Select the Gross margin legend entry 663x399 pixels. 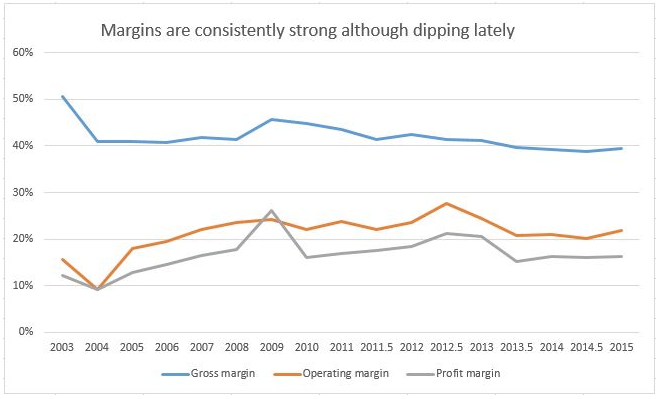point(208,374)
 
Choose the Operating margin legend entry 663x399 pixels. point(331,374)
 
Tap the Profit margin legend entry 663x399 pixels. point(453,374)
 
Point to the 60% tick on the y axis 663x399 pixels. point(24,52)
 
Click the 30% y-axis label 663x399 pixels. point(24,192)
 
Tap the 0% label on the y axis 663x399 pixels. point(26,332)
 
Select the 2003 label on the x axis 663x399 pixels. point(62,347)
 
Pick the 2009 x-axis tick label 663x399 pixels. point(271,347)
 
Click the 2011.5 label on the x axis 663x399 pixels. point(376,347)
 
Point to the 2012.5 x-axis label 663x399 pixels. point(447,347)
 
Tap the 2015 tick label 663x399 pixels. point(622,347)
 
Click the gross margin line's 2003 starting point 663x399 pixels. point(63,96)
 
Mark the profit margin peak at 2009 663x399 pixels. point(271,210)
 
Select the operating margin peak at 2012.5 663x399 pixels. point(447,203)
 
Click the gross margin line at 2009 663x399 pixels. point(271,119)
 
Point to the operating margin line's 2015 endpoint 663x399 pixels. point(622,230)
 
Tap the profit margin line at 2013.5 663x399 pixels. point(517,261)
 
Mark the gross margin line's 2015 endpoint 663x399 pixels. point(622,148)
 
